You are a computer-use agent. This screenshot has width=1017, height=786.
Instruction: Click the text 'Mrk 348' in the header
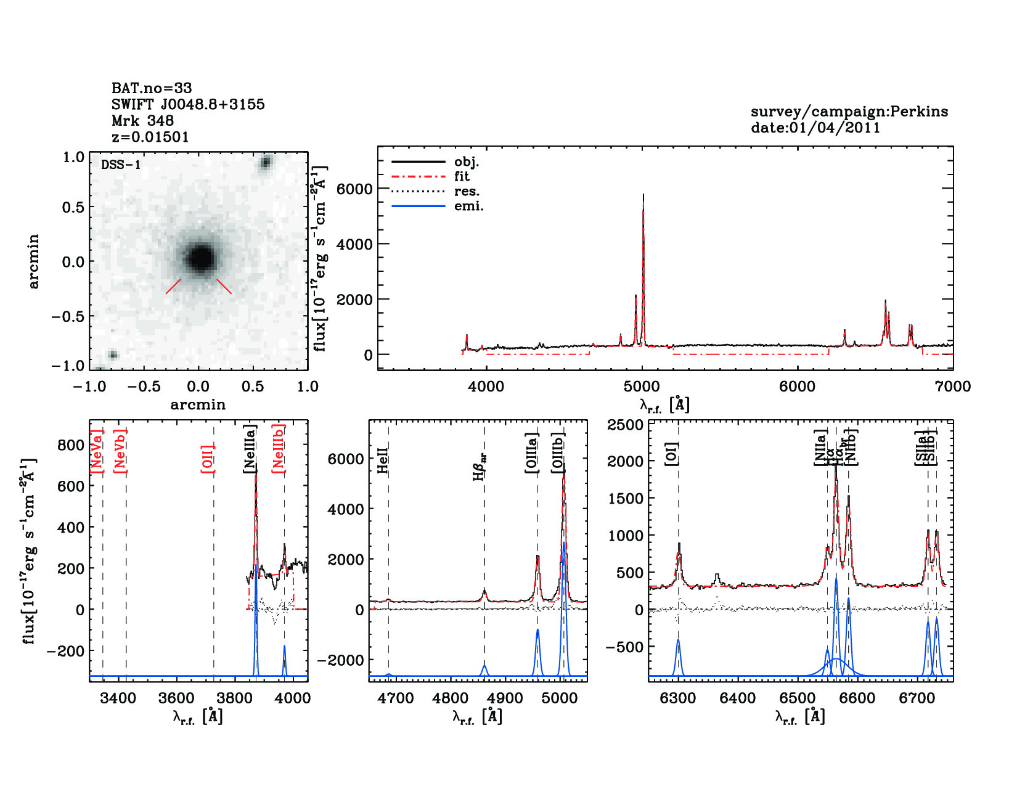(x=142, y=120)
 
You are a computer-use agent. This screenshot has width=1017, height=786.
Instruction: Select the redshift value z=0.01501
(x=150, y=137)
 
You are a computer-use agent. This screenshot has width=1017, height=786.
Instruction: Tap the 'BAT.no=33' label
(x=152, y=88)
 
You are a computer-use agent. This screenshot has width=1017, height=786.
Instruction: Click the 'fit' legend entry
(x=462, y=176)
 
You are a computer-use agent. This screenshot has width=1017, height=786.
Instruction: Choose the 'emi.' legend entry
(x=468, y=206)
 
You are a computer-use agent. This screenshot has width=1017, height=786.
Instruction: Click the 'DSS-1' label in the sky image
(x=121, y=165)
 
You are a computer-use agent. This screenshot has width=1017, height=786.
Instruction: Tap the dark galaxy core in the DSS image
(x=200, y=258)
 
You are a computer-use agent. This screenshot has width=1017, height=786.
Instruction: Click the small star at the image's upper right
(x=266, y=163)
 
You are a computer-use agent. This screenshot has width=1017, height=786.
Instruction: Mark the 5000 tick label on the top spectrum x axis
(x=642, y=387)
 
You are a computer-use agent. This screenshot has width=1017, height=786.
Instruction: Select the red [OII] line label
(x=208, y=458)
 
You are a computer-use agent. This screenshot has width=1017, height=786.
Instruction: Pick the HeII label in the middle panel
(x=383, y=461)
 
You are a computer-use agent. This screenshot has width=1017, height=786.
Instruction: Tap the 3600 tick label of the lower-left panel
(x=176, y=698)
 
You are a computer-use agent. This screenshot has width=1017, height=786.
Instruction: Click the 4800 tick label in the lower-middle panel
(x=451, y=698)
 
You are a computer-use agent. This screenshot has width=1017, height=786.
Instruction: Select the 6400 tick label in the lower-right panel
(x=738, y=698)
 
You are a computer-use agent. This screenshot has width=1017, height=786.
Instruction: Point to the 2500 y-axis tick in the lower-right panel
(x=625, y=425)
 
